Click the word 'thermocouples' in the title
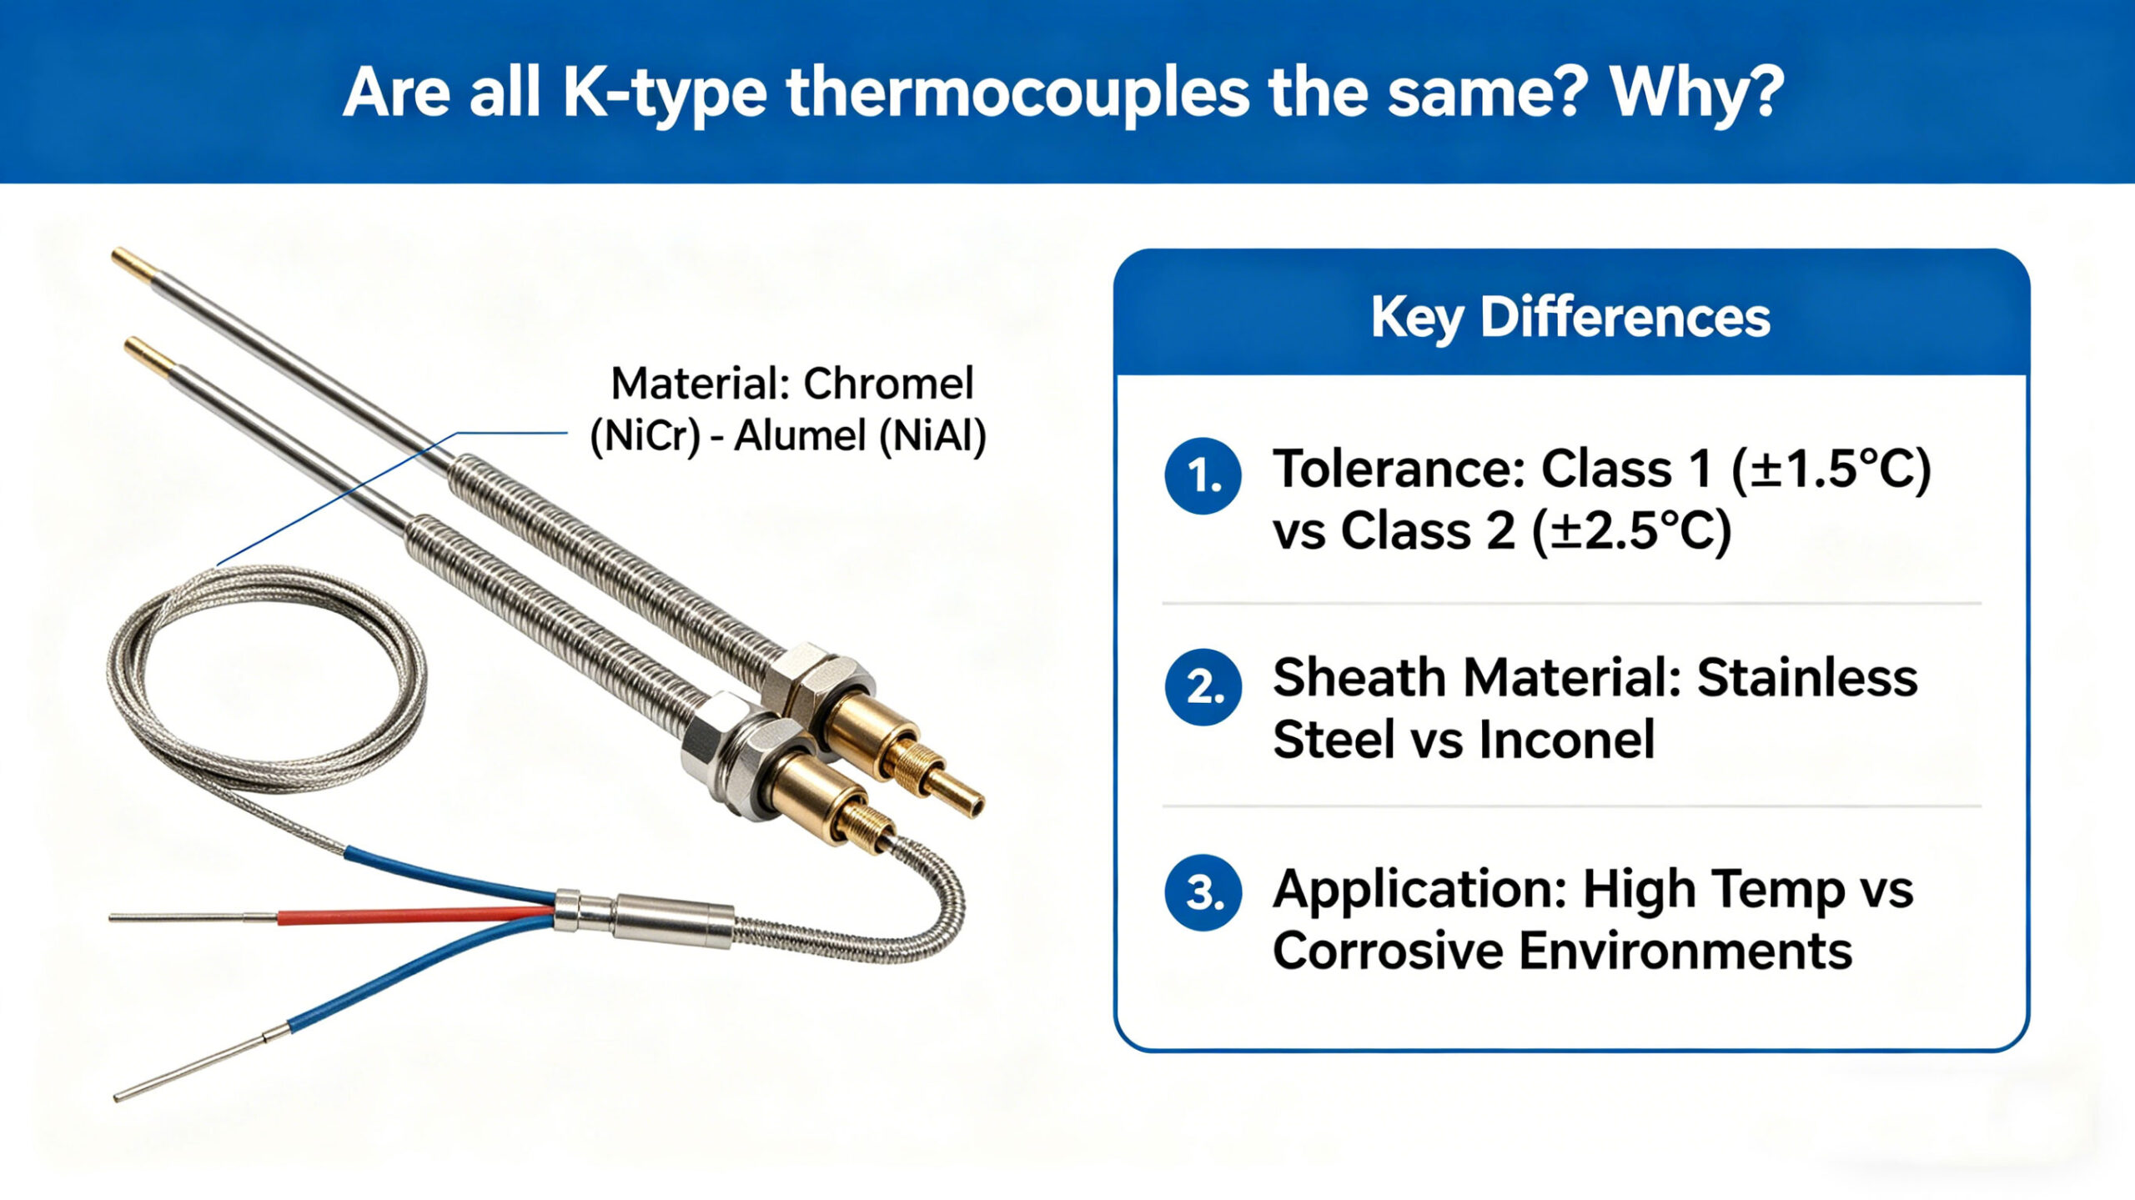pyautogui.click(x=1017, y=93)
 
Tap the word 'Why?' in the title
pyautogui.click(x=1697, y=93)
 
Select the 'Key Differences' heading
pyautogui.click(x=1570, y=318)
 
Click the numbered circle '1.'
pyautogui.click(x=1203, y=475)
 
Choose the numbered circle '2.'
pyautogui.click(x=1203, y=687)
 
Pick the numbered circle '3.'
pyautogui.click(x=1203, y=892)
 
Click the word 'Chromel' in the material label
pyautogui.click(x=888, y=384)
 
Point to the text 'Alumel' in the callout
pyautogui.click(x=801, y=435)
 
